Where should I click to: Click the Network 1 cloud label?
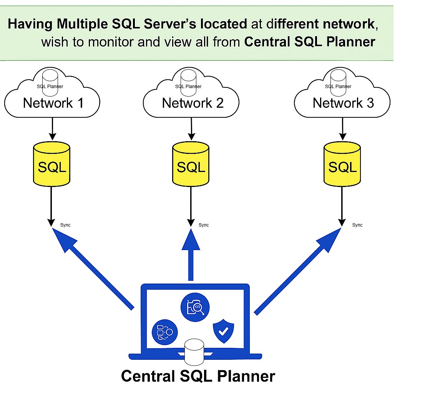(x=53, y=103)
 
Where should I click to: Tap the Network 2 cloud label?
(x=193, y=103)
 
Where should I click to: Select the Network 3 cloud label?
(x=343, y=103)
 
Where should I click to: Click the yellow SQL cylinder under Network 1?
(x=52, y=164)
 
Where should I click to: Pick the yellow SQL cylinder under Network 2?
(x=191, y=164)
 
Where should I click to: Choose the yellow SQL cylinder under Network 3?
(x=342, y=164)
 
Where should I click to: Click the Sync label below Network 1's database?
(x=65, y=225)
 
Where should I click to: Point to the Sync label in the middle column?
(x=204, y=225)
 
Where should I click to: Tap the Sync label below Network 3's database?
(x=357, y=225)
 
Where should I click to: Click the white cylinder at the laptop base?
(x=194, y=352)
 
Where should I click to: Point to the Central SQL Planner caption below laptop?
(x=198, y=376)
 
